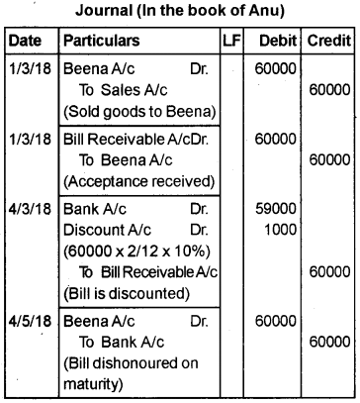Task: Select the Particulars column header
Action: click(100, 44)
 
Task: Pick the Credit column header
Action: click(329, 44)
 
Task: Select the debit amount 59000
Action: click(277, 210)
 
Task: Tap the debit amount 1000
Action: click(282, 230)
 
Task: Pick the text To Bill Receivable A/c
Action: click(147, 271)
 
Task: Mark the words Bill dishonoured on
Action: click(139, 360)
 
